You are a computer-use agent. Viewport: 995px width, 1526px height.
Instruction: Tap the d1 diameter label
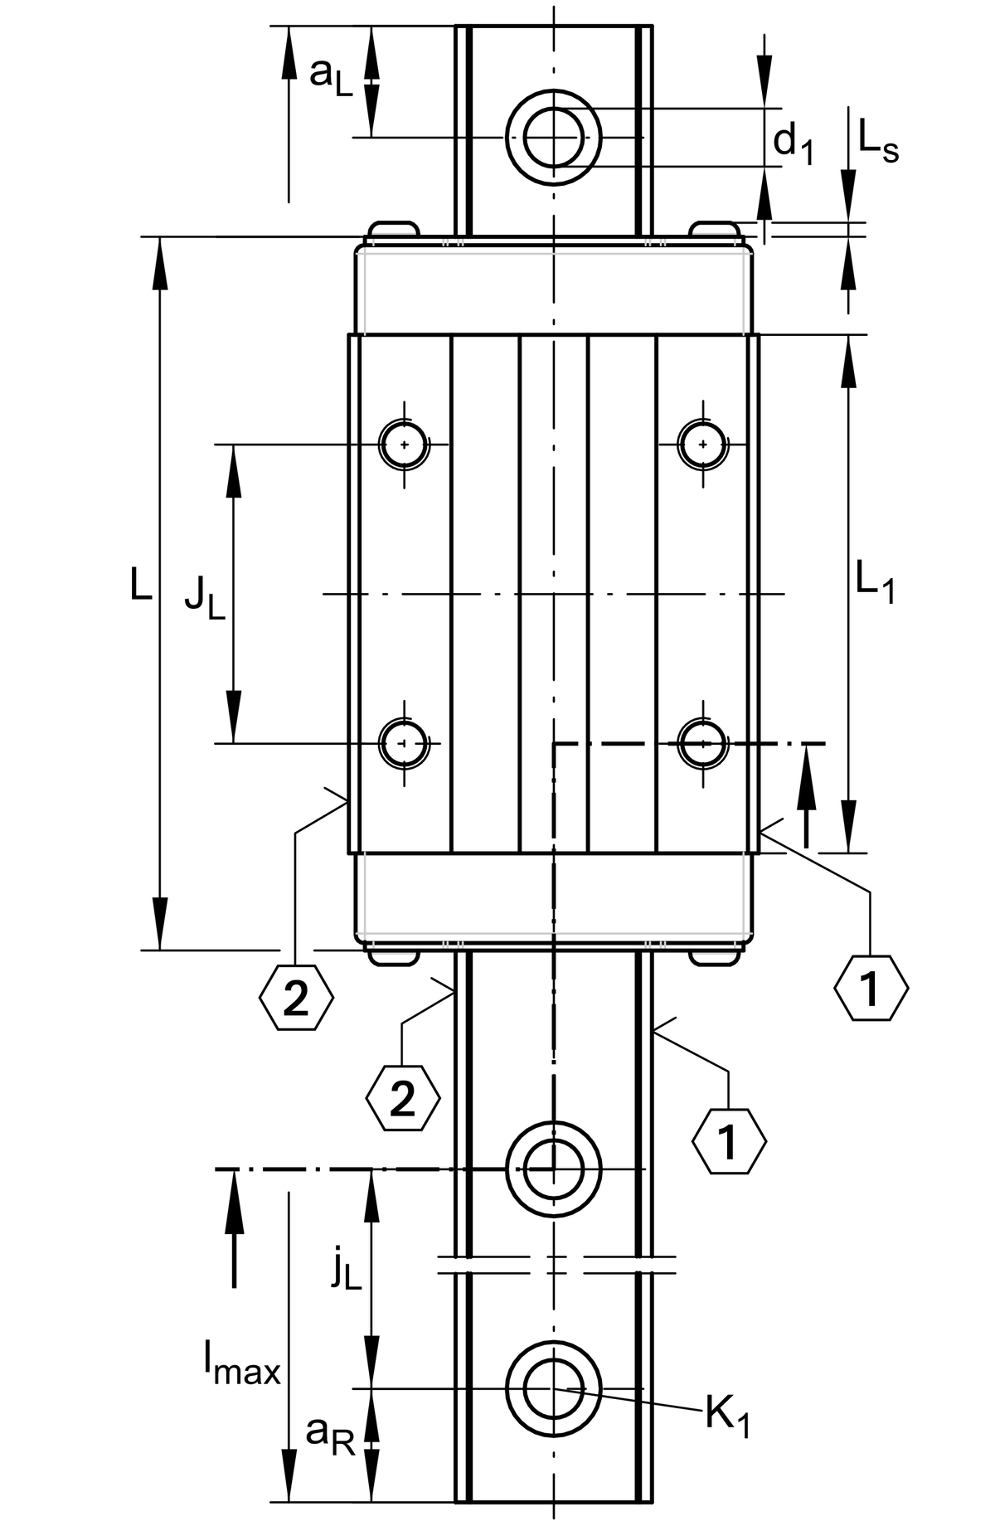793,143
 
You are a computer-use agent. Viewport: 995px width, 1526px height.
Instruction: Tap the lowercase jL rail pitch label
345,1270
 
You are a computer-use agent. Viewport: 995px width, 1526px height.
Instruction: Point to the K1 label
727,1416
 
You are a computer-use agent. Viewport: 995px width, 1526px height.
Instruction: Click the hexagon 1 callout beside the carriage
871,988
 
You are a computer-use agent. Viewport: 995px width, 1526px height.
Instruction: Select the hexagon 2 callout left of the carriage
296,997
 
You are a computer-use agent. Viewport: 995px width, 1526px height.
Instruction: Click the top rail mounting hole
554,138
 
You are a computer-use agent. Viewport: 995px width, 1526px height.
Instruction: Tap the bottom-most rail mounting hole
553,1387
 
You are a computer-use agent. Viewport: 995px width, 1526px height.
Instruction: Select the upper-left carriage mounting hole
404,445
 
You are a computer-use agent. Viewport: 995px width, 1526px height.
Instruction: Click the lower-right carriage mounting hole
703,743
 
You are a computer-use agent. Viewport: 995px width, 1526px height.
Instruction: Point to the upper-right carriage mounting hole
703,445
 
